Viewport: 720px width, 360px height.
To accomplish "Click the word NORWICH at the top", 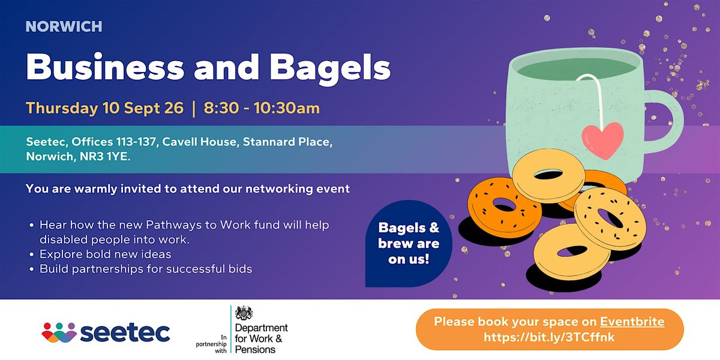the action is tap(64, 26).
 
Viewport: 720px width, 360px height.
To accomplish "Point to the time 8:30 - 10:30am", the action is tap(262, 108).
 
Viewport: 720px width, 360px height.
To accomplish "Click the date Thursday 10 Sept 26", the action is tap(105, 108).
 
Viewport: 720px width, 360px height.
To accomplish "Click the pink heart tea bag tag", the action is tap(602, 140).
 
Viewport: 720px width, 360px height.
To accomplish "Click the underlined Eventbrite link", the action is tap(632, 322).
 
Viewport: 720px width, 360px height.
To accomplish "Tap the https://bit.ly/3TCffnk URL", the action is tap(549, 337).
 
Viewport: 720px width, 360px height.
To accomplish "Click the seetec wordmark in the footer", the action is tap(125, 332).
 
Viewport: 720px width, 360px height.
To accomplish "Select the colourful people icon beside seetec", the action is tap(59, 332).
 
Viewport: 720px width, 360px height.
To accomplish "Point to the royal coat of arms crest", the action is tap(244, 313).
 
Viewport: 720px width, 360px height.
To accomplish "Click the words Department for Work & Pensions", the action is tap(262, 338).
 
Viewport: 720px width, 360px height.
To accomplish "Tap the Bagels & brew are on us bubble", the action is tap(409, 244).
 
